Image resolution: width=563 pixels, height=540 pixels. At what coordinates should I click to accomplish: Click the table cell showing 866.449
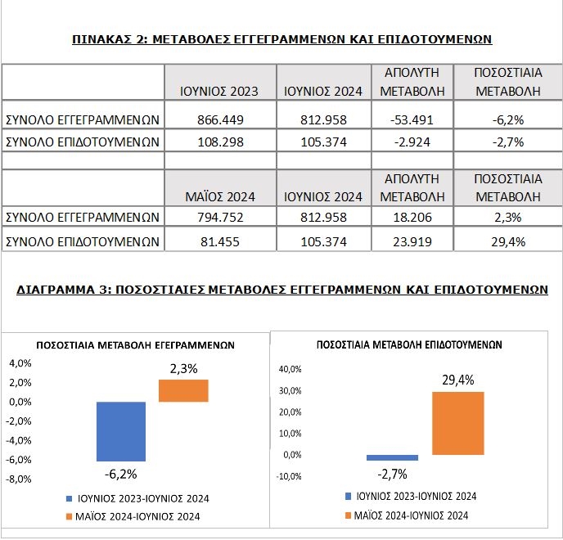coord(220,119)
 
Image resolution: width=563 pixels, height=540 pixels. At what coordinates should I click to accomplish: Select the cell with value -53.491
coord(412,119)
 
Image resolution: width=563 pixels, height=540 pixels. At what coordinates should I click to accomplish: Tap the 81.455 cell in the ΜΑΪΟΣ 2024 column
coord(220,241)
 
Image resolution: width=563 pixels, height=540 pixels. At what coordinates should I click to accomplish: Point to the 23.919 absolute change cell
coord(412,241)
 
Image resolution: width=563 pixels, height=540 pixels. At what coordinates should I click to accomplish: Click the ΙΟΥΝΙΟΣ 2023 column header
coord(219,91)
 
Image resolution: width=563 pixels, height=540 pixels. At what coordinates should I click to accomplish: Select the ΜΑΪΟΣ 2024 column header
coord(220,196)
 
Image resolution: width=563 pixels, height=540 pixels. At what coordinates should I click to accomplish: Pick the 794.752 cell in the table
coord(220,217)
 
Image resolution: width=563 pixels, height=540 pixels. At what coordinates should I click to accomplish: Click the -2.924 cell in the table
coord(412,142)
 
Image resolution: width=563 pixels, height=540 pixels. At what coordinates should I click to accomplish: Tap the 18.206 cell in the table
coord(412,217)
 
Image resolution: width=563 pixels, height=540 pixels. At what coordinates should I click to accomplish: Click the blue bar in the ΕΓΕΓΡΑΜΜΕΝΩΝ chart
coord(121,431)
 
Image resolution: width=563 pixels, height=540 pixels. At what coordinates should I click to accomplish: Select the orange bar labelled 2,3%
coord(183,390)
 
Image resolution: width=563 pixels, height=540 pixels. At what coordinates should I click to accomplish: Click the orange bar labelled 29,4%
coord(458,423)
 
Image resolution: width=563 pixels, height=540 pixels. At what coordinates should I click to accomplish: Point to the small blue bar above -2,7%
coord(393,458)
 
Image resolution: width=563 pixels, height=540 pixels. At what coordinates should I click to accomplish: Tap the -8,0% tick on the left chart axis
coord(19,479)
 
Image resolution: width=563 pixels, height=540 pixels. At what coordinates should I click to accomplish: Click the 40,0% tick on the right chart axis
coord(291,369)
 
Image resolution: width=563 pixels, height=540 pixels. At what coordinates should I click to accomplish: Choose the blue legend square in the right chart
coord(348,496)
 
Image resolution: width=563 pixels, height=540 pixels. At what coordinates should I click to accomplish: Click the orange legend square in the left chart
coord(70,516)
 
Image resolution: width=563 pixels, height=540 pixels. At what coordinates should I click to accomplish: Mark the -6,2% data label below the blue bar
coord(120,475)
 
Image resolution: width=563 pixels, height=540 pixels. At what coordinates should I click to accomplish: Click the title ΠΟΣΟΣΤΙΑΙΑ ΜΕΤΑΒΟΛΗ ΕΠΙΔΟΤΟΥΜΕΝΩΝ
coord(409,345)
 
